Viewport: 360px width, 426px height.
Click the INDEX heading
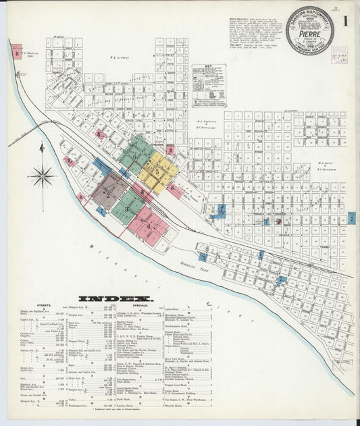coord(115,298)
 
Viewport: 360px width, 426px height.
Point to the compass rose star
coord(42,177)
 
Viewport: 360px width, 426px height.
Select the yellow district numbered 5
coord(158,171)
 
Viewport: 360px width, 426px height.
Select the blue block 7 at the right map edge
coord(351,218)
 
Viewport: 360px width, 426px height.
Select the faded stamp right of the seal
coord(339,55)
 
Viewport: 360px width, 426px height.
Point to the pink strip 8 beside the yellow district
coord(176,190)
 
